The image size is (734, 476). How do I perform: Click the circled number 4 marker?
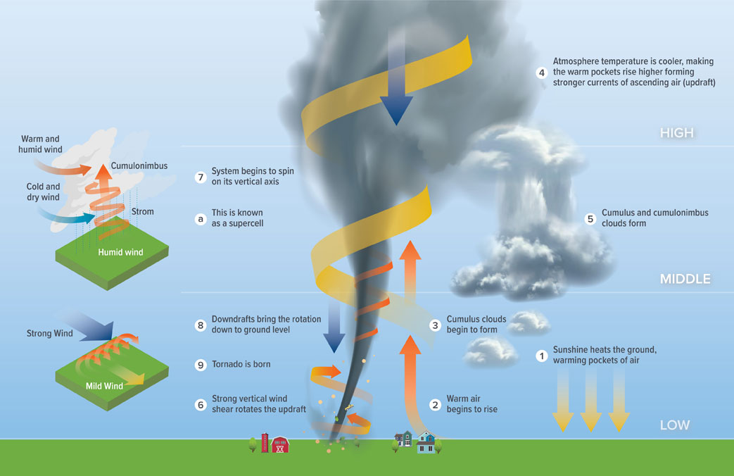[541, 73]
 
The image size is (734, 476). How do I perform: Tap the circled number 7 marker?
[200, 177]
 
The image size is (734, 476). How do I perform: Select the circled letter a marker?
[200, 218]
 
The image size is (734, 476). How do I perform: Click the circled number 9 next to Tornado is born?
[200, 365]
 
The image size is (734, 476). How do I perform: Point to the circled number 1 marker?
[541, 356]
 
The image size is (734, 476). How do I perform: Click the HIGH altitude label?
[676, 133]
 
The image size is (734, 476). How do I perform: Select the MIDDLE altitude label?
[684, 280]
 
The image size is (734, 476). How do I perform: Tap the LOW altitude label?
[674, 425]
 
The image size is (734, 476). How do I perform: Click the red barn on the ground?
[280, 444]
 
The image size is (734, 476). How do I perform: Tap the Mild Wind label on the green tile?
[103, 386]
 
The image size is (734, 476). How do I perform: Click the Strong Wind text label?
[49, 333]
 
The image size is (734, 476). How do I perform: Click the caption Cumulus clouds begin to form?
[476, 325]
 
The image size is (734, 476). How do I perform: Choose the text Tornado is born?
[241, 365]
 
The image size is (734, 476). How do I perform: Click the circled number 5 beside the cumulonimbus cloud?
[591, 218]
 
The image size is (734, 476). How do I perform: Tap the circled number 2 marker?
[435, 404]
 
